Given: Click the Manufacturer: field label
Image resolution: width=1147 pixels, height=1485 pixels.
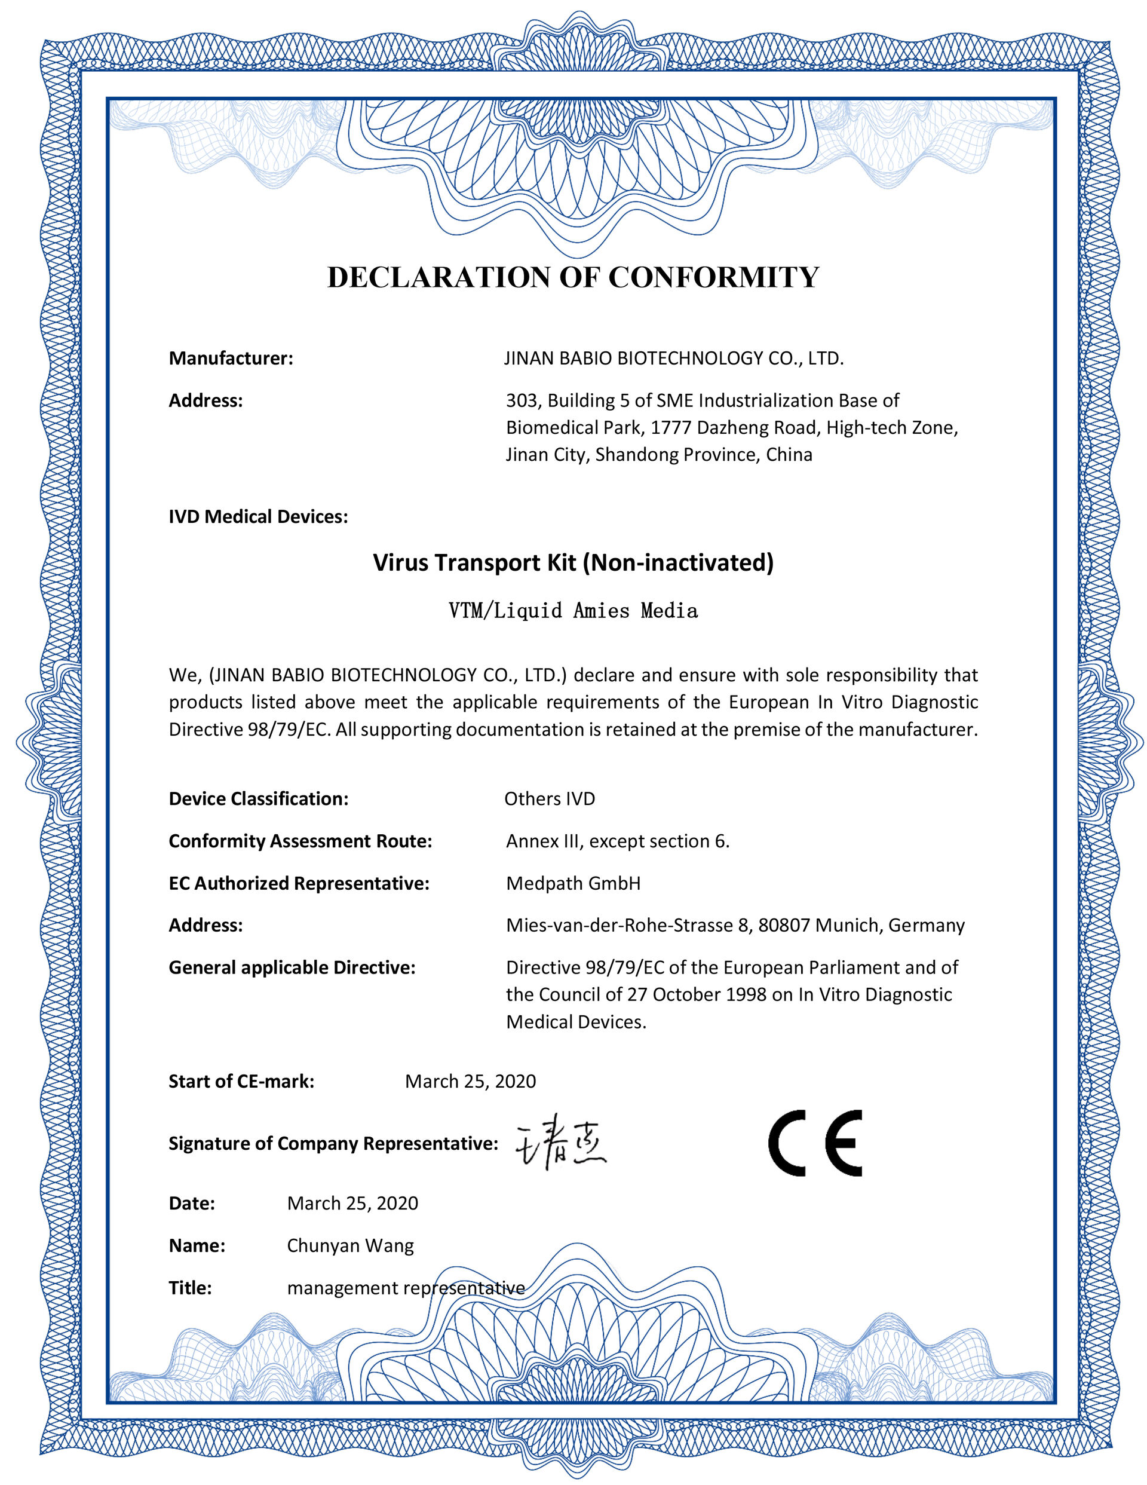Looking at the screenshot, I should (231, 359).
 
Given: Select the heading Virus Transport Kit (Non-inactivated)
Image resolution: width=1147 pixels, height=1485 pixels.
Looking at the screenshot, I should (573, 562).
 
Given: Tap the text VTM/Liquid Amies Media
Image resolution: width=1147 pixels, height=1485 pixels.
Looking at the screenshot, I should (573, 611).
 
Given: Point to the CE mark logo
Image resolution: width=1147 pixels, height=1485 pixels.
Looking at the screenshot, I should (814, 1143).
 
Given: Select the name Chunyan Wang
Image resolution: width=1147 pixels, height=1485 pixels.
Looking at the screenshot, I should (350, 1245).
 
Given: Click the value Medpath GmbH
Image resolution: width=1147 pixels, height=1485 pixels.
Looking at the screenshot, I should (573, 883).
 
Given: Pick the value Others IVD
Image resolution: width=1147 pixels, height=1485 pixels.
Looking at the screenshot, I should (550, 798).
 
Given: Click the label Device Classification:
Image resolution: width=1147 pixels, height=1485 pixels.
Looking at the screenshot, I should (258, 798).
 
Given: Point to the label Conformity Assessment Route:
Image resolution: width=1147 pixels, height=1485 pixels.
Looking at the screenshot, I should (300, 841).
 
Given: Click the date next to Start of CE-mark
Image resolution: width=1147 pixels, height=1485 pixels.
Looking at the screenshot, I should (471, 1081).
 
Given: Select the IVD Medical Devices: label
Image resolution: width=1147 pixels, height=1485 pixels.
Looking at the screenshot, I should (258, 517).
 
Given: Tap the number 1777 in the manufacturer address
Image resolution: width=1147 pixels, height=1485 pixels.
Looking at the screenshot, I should (671, 428).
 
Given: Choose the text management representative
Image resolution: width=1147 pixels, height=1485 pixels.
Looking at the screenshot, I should (406, 1288).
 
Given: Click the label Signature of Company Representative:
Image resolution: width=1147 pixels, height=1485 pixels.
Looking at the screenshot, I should (333, 1143).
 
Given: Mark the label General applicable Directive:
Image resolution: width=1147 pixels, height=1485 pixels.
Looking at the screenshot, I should (292, 967).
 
